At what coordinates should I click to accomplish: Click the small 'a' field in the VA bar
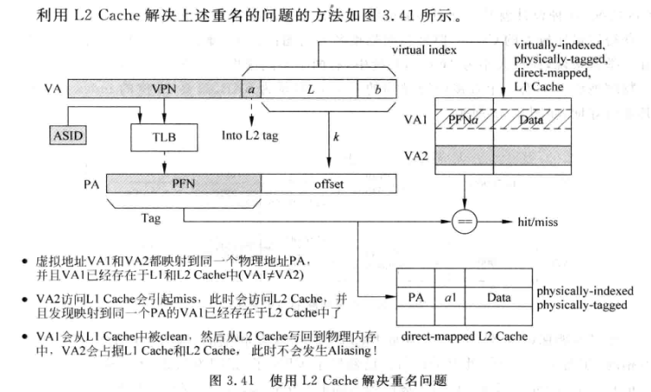coord(251,89)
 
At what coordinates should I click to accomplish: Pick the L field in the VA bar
coord(309,89)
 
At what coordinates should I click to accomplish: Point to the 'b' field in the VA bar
coord(376,89)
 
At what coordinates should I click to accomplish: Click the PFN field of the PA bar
coord(183,183)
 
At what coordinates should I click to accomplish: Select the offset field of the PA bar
coord(329,183)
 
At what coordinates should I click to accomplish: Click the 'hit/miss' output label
coord(537,223)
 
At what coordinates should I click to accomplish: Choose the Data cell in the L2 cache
coord(498,298)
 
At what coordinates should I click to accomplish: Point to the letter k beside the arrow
coord(335,138)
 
